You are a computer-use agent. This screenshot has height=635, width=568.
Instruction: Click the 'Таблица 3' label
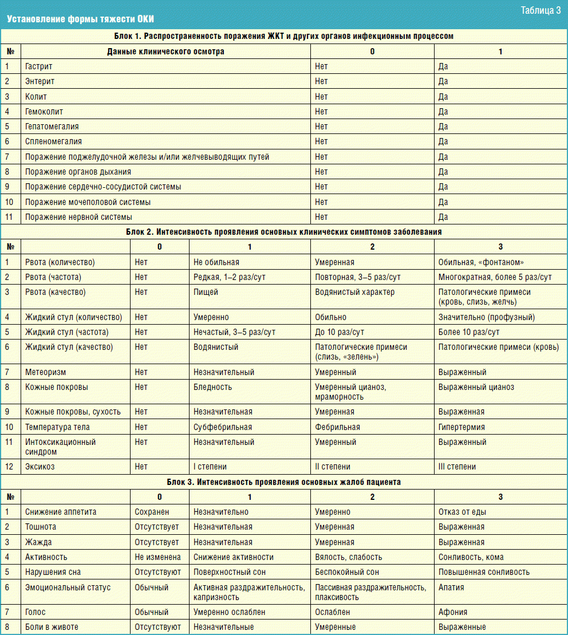[540, 10]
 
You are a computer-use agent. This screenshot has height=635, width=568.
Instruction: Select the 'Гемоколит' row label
[44, 112]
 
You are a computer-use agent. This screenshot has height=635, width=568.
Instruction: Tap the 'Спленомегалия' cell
[53, 141]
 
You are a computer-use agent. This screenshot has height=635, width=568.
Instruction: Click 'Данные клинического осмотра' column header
[165, 52]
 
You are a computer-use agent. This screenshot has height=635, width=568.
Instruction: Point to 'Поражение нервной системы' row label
[78, 217]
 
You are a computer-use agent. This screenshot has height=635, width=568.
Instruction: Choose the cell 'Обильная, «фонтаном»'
[481, 262]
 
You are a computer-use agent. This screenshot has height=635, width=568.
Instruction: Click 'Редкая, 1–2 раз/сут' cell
[229, 277]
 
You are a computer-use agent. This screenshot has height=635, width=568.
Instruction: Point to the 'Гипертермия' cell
[462, 427]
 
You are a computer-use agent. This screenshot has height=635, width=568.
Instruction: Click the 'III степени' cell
[457, 467]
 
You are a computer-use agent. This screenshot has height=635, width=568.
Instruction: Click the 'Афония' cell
[453, 612]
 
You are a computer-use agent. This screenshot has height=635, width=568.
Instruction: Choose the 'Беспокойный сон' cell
[347, 572]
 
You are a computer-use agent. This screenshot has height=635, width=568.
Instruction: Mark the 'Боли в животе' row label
[52, 627]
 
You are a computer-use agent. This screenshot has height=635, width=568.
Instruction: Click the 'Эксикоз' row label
[40, 467]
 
